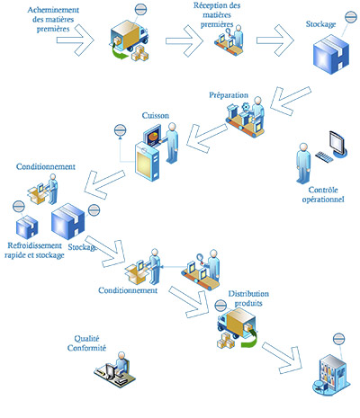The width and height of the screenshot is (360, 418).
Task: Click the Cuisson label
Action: [156, 116]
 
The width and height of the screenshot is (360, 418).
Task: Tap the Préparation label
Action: [229, 95]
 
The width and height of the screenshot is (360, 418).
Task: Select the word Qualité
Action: [86, 339]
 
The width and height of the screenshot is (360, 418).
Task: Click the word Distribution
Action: [248, 294]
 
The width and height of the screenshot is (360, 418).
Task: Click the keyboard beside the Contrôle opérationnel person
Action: [324, 156]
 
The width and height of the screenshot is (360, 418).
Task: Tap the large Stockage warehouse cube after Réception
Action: [331, 54]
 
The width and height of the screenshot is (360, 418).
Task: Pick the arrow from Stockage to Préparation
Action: [290, 101]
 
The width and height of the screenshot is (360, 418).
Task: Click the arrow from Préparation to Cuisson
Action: [206, 138]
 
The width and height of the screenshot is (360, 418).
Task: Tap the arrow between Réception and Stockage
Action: [275, 40]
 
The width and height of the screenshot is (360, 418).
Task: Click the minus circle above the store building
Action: [339, 339]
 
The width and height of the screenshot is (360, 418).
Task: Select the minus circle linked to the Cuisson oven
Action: [120, 130]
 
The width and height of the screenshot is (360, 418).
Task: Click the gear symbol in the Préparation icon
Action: [246, 106]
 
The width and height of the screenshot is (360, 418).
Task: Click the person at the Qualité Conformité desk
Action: [121, 363]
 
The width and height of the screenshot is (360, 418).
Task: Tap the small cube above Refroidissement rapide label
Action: [27, 227]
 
